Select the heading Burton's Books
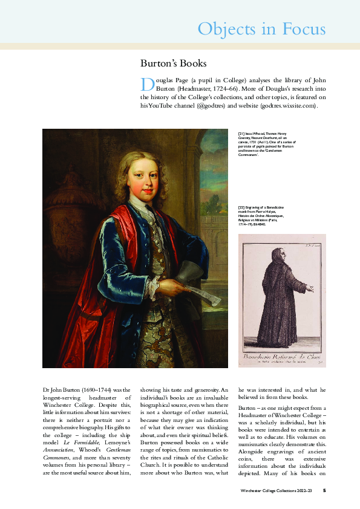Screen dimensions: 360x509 (x=174, y=63)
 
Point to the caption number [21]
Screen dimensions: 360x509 (x=241, y=133)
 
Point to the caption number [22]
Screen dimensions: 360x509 (x=241, y=207)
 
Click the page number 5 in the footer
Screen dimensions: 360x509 (x=324, y=491)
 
